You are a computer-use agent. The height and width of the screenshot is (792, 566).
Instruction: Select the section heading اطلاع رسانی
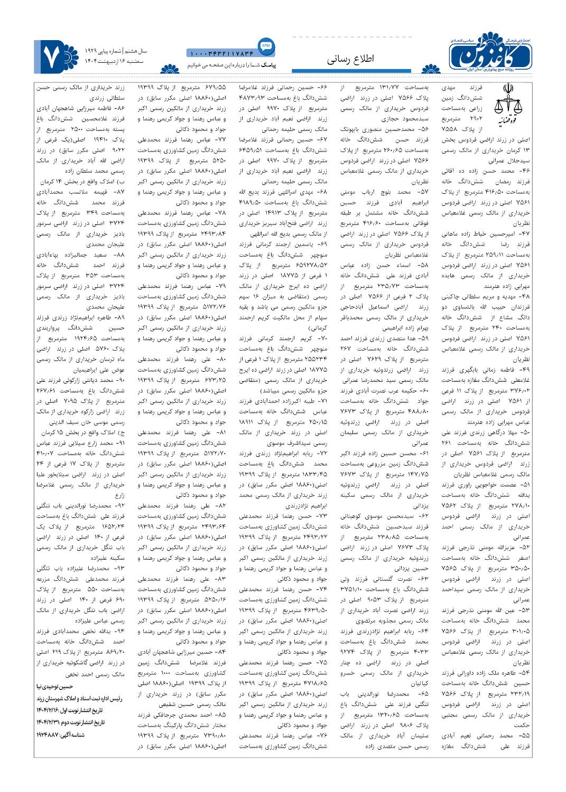[x=351, y=59]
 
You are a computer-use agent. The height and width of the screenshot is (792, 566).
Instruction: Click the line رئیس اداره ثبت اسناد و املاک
[x=79, y=698]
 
